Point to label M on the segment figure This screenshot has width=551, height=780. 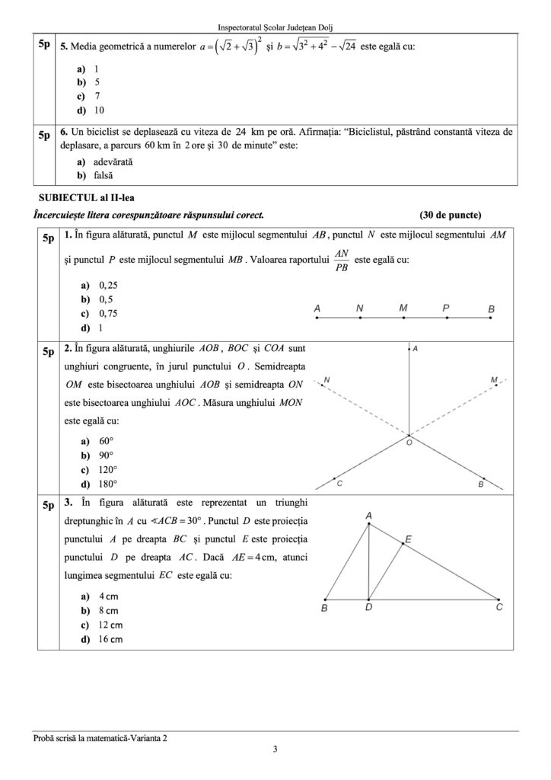[403, 308]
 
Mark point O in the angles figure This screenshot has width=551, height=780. [409, 442]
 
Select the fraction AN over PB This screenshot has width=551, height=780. [342, 259]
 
